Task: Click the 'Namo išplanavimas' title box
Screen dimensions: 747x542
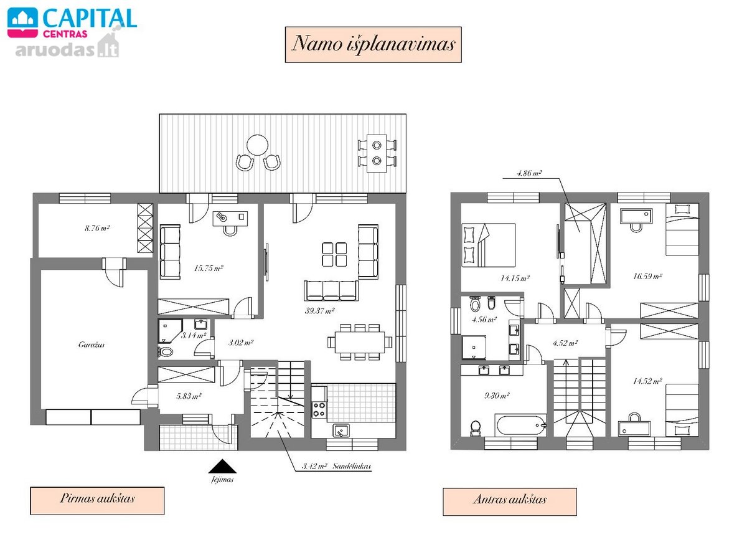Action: pyautogui.click(x=373, y=45)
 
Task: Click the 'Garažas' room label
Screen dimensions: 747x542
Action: pyautogui.click(x=92, y=345)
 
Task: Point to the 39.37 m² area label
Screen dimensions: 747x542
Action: pyautogui.click(x=319, y=311)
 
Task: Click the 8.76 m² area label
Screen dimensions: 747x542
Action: pyautogui.click(x=97, y=228)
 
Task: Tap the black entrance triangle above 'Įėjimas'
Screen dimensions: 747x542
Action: pyautogui.click(x=222, y=466)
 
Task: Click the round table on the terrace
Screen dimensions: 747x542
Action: pyautogui.click(x=258, y=145)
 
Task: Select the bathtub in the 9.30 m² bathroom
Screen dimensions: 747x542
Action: pyautogui.click(x=520, y=425)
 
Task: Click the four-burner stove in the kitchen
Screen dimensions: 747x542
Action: pyautogui.click(x=319, y=410)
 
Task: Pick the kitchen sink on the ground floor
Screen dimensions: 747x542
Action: pyautogui.click(x=341, y=430)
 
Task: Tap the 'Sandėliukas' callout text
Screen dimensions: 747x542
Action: pyautogui.click(x=352, y=466)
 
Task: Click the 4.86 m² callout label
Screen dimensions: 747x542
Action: pyautogui.click(x=529, y=173)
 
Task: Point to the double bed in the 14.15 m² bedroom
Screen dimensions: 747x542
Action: pyautogui.click(x=489, y=245)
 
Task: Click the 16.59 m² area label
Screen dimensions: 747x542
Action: pyautogui.click(x=647, y=277)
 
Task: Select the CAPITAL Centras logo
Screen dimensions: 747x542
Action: pyautogui.click(x=72, y=22)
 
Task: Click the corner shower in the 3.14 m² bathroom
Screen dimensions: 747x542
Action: pyautogui.click(x=171, y=331)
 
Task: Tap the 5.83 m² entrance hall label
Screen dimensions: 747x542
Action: pyautogui.click(x=189, y=396)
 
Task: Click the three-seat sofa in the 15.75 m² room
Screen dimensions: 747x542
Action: pyautogui.click(x=170, y=252)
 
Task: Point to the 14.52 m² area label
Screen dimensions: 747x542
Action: pyautogui.click(x=647, y=381)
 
